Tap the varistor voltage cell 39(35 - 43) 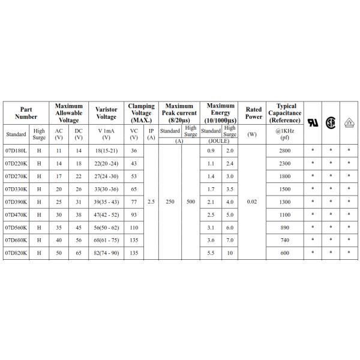(106, 202)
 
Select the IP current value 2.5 (151, 202)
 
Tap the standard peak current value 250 (170, 202)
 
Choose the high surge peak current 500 (191, 202)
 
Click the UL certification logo (313, 122)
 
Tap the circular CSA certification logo (330, 122)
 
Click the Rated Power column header (253, 113)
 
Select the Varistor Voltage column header (106, 113)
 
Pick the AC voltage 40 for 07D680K (59, 240)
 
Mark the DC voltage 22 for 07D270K (78, 176)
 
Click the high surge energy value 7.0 (229, 240)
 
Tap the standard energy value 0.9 (211, 150)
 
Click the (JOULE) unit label (220, 140)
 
